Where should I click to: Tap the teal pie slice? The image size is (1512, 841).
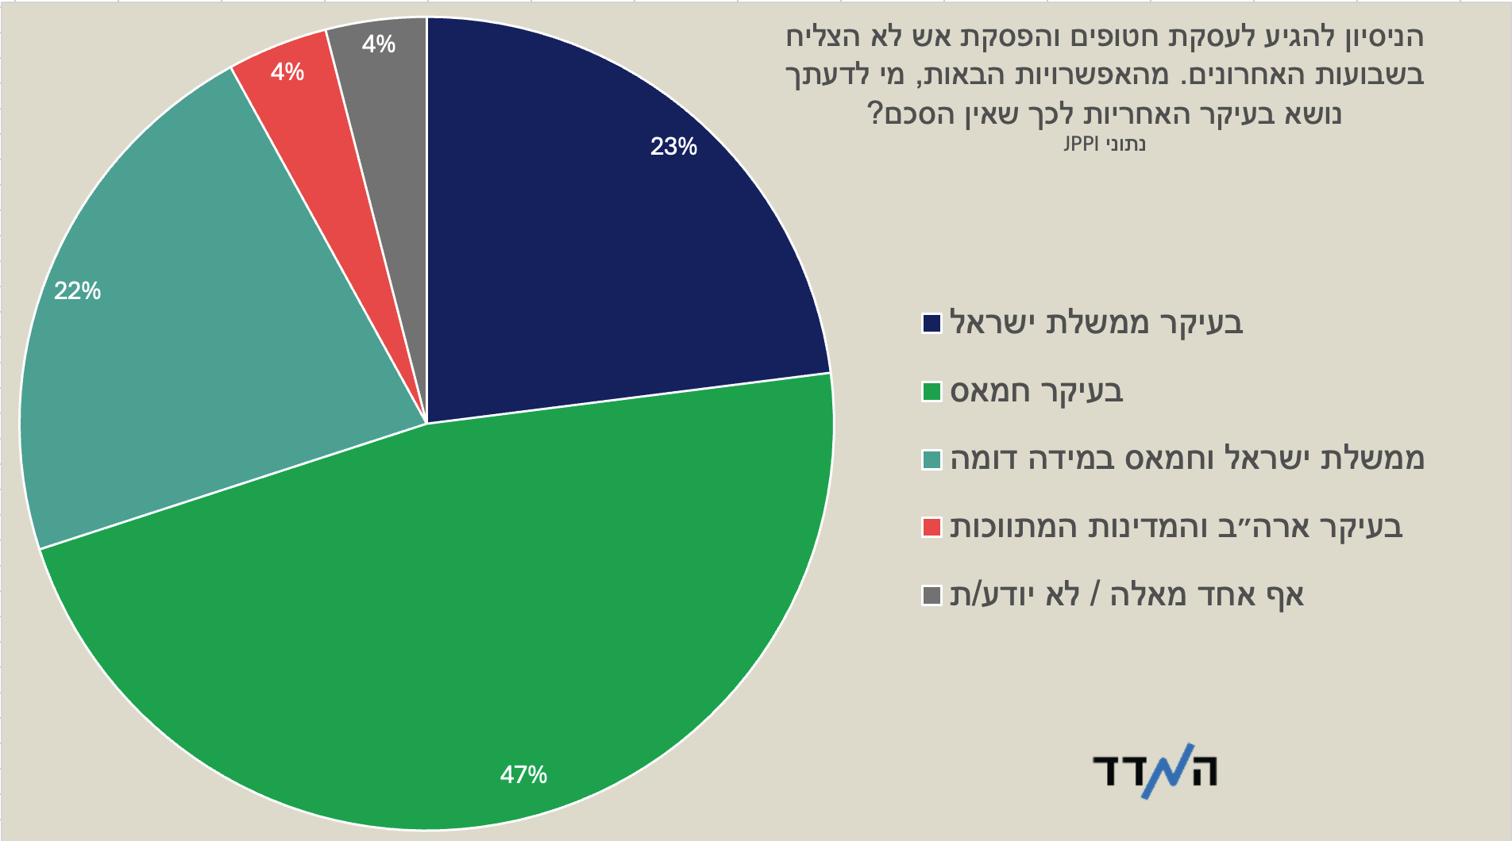(183, 333)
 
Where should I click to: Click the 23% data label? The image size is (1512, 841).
(673, 147)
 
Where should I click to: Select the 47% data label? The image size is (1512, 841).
(523, 774)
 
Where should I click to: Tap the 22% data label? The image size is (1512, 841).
(77, 291)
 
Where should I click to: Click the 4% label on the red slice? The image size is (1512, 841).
(287, 72)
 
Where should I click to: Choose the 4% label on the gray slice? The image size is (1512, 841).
(379, 44)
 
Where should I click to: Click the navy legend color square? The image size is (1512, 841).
(931, 323)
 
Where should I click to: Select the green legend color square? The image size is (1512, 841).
(931, 391)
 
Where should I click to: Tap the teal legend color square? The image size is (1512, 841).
(931, 459)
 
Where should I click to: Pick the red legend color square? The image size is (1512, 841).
(931, 528)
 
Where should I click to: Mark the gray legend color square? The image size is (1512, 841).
(931, 595)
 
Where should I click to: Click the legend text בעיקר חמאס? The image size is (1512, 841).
(1037, 391)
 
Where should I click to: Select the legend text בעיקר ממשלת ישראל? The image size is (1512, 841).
(1097, 322)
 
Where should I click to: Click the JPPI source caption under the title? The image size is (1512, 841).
(1105, 144)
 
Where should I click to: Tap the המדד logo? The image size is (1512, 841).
(1155, 770)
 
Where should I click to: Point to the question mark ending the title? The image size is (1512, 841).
(874, 113)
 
